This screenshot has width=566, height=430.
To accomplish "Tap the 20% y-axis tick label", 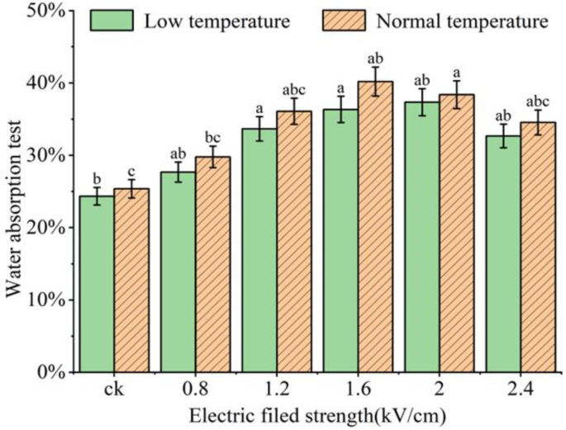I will click(45, 228).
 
